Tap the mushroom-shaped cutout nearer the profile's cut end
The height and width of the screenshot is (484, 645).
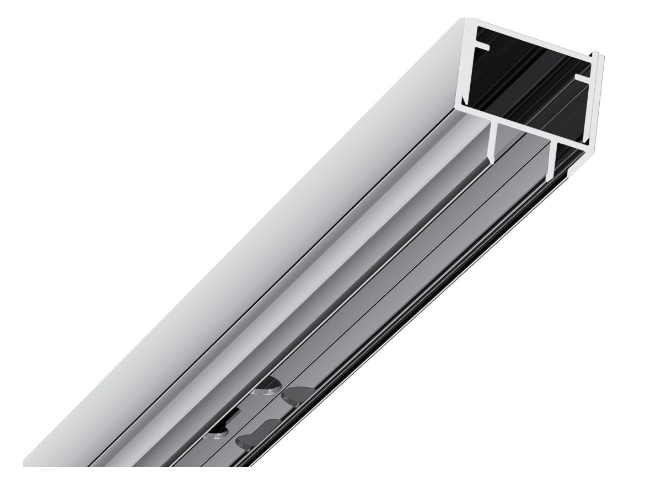(298, 394)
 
